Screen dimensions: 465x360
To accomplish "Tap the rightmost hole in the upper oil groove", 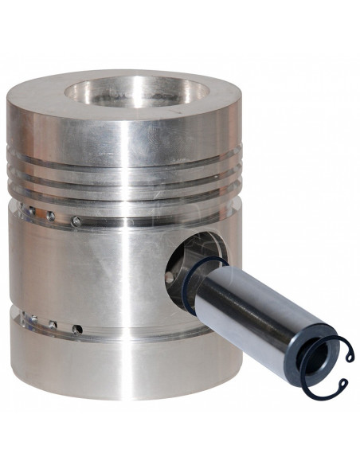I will coord(76,221).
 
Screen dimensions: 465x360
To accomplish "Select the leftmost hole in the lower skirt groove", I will coord(33,319).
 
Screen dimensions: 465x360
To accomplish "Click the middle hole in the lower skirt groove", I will coord(53,324).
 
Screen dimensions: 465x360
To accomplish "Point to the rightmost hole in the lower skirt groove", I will coord(77,328).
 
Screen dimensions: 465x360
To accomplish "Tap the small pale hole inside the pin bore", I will coord(170,276).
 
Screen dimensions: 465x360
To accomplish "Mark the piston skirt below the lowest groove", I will coord(119,382).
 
